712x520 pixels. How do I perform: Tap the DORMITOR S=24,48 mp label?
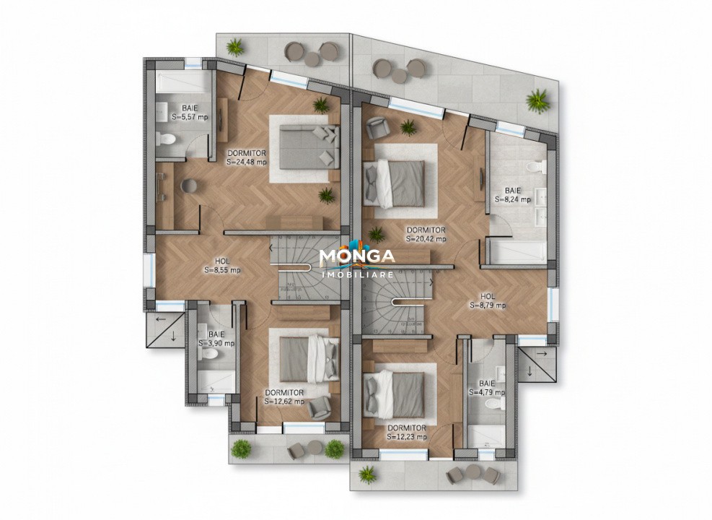(247, 157)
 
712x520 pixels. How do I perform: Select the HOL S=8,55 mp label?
(222, 266)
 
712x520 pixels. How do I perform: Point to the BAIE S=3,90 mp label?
(216, 339)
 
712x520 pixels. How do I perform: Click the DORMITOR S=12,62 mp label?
(284, 396)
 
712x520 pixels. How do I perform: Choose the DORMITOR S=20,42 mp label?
(426, 234)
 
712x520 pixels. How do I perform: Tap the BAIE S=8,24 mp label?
(512, 194)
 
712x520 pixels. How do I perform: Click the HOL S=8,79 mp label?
(488, 300)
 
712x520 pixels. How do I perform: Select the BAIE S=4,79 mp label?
(487, 388)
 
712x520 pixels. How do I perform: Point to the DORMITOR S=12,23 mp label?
(406, 432)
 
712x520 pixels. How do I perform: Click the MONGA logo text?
(357, 256)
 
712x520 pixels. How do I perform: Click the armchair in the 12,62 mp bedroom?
(318, 408)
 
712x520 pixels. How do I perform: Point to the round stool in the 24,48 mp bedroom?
(189, 185)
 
